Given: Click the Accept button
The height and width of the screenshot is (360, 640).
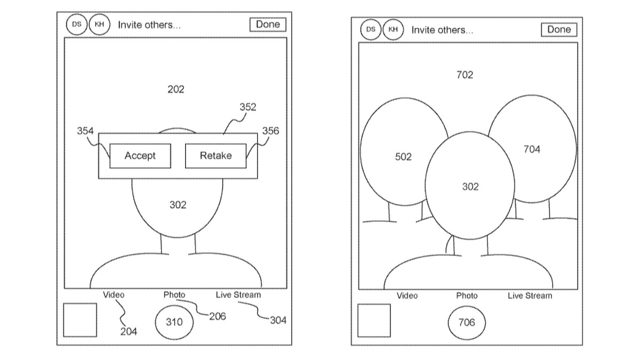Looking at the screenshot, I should pos(140,156).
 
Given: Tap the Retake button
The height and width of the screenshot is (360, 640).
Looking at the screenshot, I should pos(215,156).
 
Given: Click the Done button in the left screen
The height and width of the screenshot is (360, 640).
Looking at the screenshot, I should pos(268,25).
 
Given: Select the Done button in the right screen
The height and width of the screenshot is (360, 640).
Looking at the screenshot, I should pos(559,30).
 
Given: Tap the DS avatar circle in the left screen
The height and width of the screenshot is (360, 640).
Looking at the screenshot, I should pos(76,25).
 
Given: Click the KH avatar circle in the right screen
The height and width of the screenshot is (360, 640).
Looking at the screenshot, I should pos(393,29).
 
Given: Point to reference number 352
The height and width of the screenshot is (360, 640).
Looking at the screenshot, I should pos(247,107).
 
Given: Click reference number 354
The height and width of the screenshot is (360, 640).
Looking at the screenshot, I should pos(85,131).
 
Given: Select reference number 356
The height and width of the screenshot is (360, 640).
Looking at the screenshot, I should pos(270,131).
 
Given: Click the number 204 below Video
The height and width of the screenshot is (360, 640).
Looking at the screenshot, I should pos(128,332).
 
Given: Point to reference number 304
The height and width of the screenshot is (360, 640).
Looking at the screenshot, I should pos(278,320).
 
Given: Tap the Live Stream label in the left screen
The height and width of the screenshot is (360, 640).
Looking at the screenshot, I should pos(238,294).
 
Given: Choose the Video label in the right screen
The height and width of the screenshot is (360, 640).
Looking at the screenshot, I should pos(407,295).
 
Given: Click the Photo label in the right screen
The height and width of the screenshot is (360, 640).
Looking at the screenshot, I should pos(467,295).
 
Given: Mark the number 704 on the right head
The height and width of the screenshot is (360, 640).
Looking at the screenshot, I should pos(531,149).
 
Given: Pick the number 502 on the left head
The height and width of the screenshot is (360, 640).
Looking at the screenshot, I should pos(403,157).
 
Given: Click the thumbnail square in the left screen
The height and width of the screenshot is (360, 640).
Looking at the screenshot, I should pos(80,320).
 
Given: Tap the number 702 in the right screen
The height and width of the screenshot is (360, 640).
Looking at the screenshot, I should pos(465,75).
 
